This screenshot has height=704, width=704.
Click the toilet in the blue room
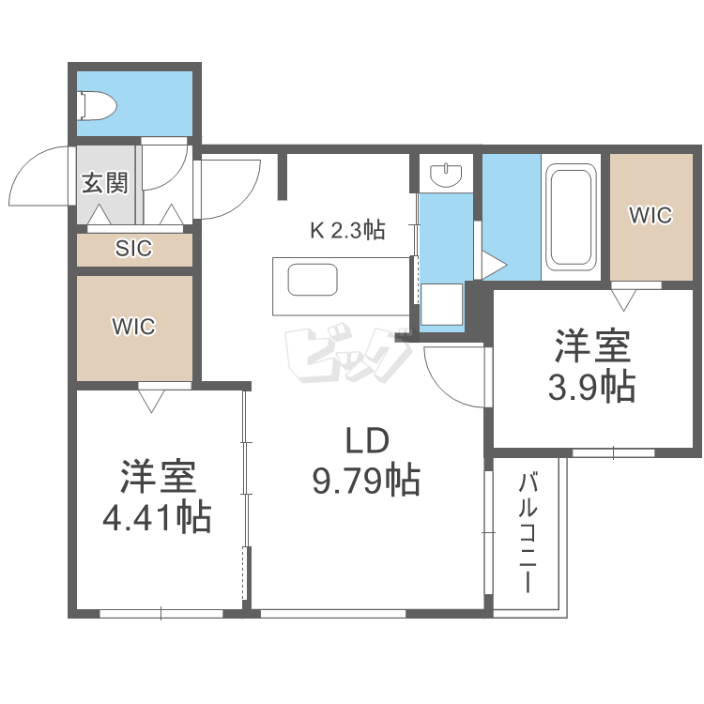point(97,105)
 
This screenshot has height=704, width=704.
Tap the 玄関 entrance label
point(104,183)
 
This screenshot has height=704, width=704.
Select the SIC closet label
point(133,250)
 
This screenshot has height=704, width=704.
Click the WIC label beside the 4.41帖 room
point(133,327)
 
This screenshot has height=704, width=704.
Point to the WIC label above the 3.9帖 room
point(650,215)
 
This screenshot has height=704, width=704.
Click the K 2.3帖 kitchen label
point(347,229)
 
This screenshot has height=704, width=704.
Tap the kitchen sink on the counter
point(312,281)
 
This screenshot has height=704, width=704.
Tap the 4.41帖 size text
point(157,515)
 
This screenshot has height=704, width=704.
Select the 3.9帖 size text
point(591,386)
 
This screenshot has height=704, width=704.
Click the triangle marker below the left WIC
point(150,400)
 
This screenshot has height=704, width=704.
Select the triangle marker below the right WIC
point(621,299)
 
